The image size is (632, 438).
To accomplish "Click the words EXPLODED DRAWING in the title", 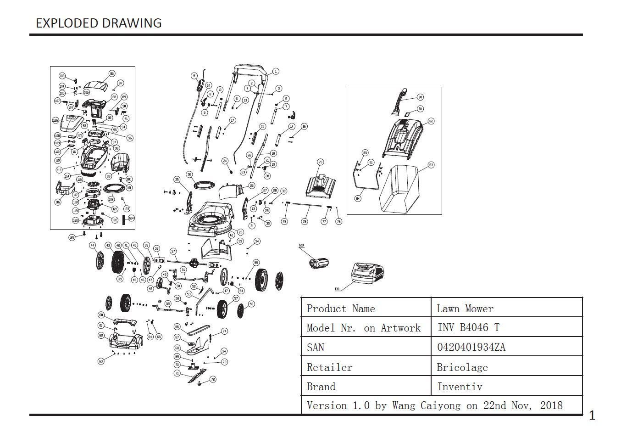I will pos(99,23).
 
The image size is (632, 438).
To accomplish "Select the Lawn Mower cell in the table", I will pos(465,309).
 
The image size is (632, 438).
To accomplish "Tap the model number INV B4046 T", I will pos(468,327).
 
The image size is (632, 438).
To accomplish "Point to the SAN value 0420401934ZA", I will pos(471,347).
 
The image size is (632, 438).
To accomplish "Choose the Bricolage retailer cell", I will pos(462,367).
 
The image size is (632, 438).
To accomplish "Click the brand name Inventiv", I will pos(460,387).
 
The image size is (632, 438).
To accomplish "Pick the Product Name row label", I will pos(340,309).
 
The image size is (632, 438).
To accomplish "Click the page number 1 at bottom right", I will pos(592,416).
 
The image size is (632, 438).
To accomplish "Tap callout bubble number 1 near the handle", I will pos(276,71).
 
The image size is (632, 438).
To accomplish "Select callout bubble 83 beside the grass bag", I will pos(431,165).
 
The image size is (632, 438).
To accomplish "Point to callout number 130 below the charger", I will pos(337,289).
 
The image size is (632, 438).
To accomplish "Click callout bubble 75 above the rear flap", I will pos(321,162).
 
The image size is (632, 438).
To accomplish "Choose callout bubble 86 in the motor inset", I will pos(112,73).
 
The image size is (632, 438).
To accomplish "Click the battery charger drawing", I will pos(367,274).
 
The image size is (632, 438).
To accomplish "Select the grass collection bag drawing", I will pos(401,188).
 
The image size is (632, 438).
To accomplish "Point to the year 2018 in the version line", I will pos(551,405).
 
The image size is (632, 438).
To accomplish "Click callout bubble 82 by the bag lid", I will pos(431,121).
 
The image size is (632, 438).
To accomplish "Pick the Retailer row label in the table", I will pos(329,367).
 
